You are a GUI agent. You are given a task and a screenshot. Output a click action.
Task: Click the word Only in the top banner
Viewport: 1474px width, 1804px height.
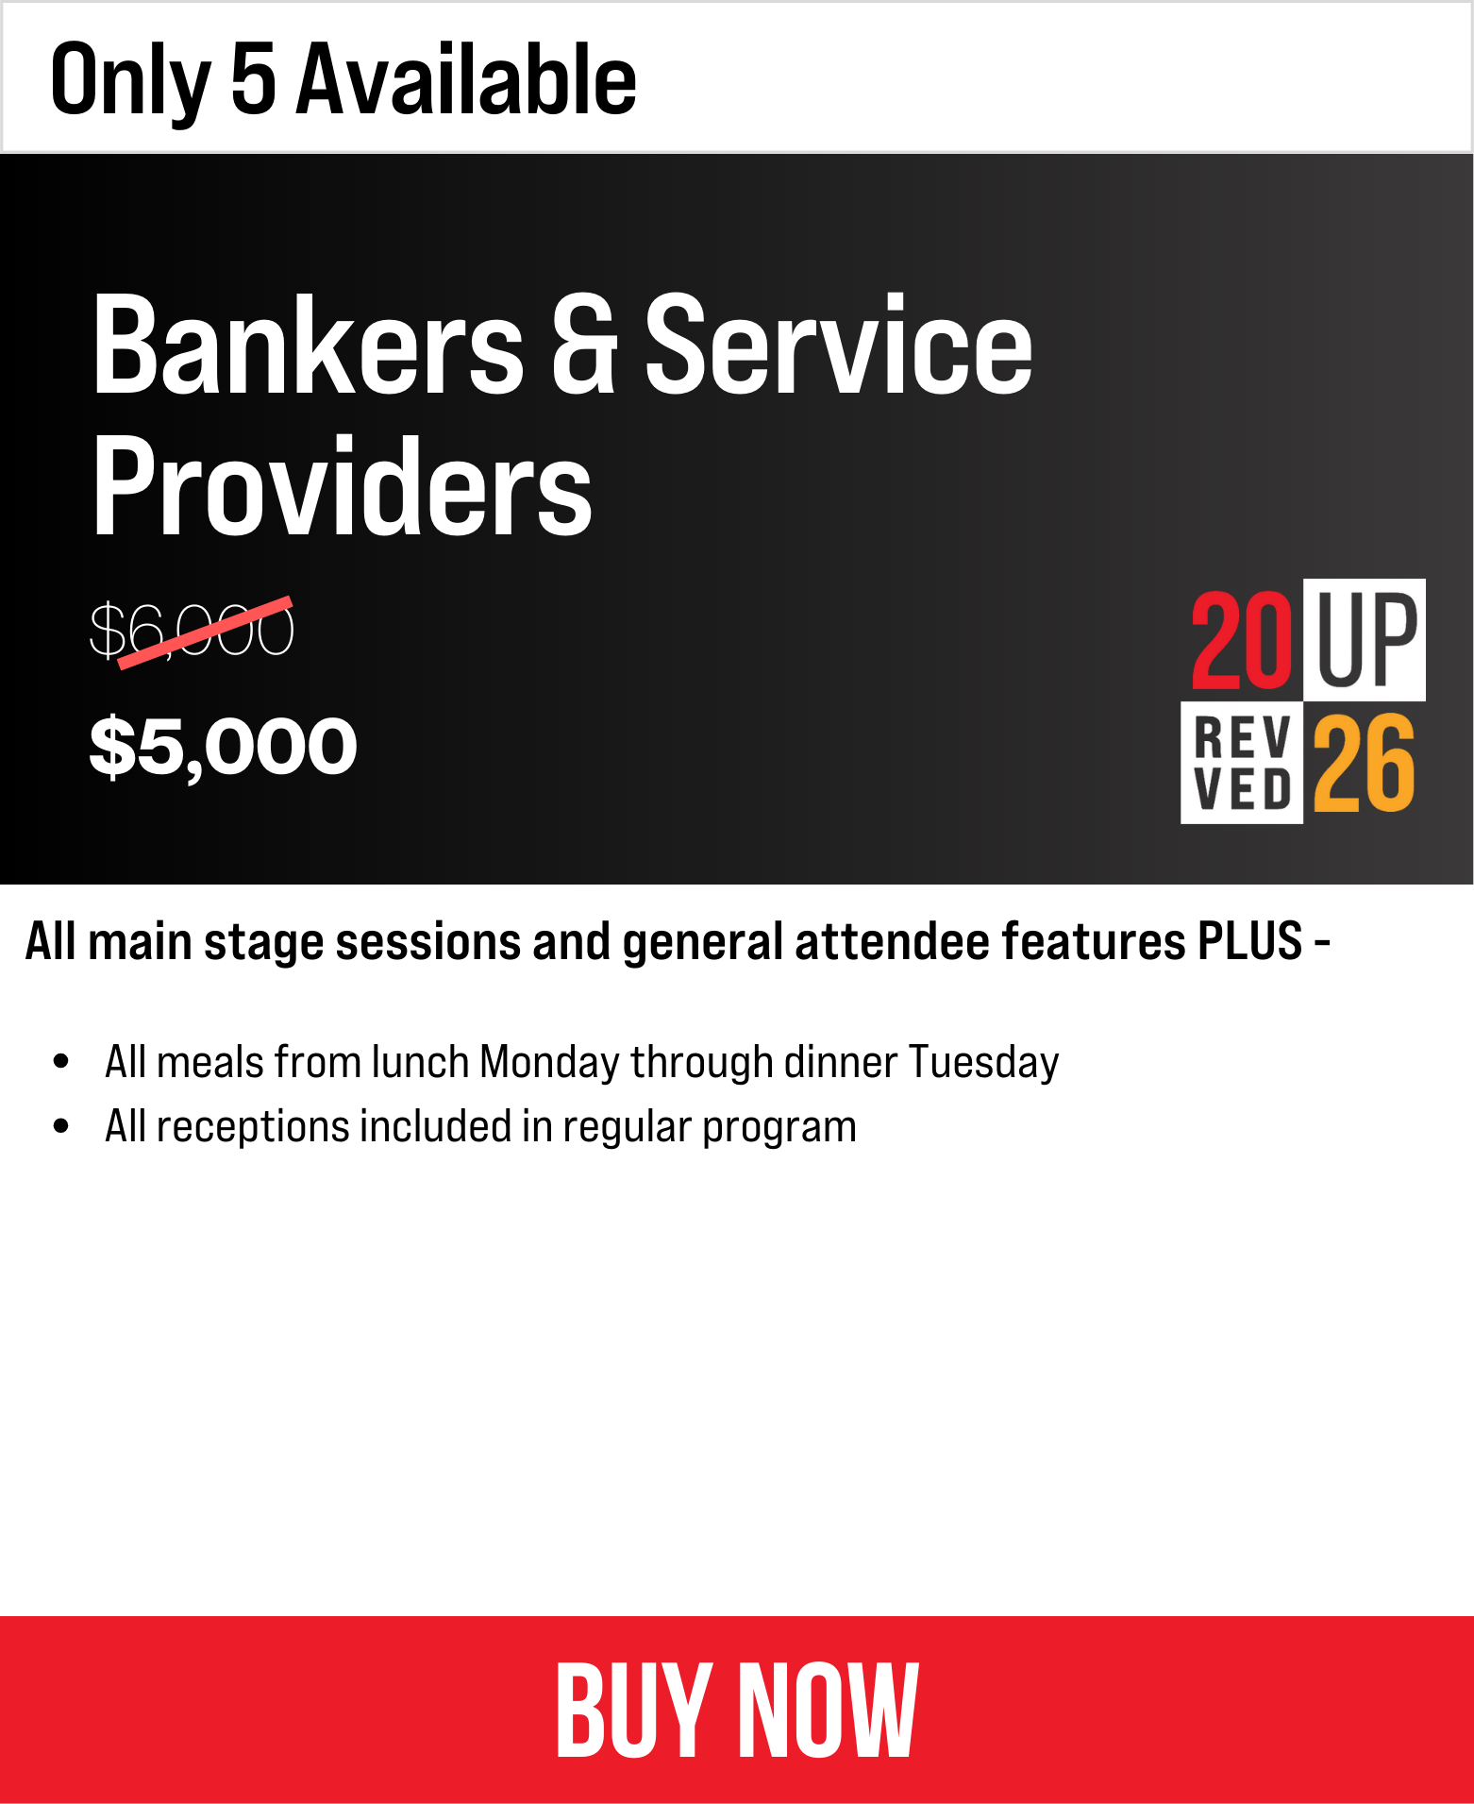point(131,82)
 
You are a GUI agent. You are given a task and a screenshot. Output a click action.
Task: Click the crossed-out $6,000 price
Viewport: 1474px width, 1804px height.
point(193,631)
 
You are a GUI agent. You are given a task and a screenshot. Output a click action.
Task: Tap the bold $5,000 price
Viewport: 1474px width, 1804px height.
point(224,746)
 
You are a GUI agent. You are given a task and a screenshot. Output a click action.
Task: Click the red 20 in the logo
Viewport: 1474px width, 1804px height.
point(1242,640)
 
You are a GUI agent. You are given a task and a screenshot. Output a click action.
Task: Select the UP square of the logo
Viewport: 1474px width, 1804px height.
point(1365,639)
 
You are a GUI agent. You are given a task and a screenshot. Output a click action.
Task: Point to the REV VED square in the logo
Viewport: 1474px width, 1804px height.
point(1242,763)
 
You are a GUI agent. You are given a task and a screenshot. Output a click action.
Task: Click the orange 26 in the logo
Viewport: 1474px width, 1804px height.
point(1364,763)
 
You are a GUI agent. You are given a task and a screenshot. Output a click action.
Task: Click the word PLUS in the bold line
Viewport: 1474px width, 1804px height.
point(1249,941)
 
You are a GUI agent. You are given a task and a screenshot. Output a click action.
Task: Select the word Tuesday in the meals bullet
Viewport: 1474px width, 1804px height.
point(983,1063)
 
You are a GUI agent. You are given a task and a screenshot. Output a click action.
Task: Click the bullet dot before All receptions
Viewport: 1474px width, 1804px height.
point(61,1125)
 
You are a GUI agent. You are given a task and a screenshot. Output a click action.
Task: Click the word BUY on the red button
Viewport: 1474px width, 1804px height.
point(634,1710)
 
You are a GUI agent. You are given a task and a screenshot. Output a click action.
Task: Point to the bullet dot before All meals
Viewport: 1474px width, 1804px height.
point(61,1061)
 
